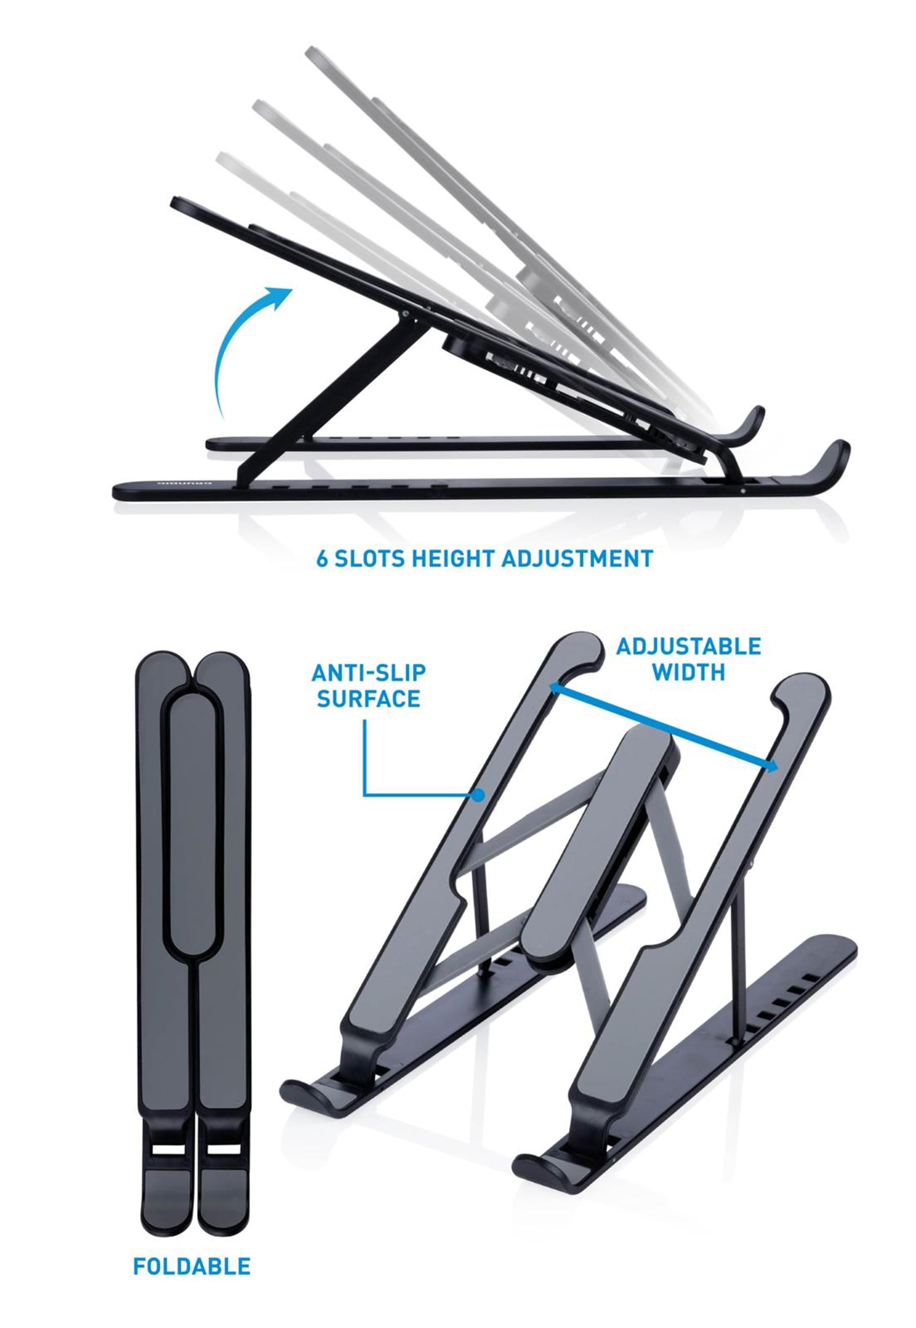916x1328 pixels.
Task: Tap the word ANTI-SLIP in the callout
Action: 368,673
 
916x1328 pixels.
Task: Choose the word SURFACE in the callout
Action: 368,699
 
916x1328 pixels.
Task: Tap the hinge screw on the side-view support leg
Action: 406,314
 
